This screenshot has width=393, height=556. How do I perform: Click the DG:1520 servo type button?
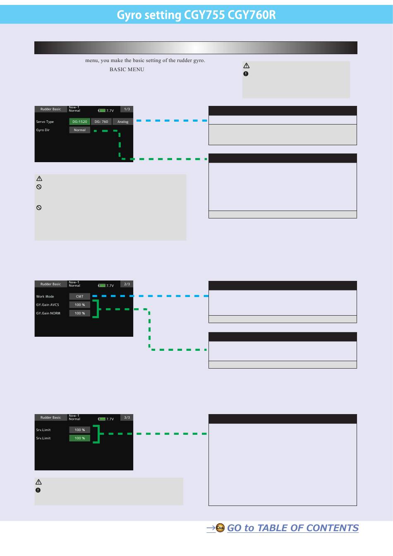coord(79,122)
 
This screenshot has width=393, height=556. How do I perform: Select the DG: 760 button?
coord(101,122)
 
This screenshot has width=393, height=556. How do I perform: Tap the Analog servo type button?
coord(123,122)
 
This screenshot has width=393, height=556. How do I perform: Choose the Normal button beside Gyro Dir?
coord(79,130)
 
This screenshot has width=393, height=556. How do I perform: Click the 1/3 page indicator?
coord(127,109)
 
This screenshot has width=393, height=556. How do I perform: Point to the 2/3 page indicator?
coord(127,284)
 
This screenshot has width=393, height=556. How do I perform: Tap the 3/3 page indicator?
coord(127,417)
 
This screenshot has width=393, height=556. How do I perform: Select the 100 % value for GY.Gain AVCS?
coord(79,305)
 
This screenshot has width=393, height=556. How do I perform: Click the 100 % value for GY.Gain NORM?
coord(79,313)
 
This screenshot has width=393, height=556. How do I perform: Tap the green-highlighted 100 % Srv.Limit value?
coord(79,438)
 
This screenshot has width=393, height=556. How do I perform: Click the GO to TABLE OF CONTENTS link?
coord(292,528)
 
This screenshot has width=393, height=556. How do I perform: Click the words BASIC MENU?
coord(127,69)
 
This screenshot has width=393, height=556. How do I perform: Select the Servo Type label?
coord(45,122)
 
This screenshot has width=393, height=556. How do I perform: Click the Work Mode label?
coord(45,297)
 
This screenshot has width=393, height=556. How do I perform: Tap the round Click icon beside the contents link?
coord(220,528)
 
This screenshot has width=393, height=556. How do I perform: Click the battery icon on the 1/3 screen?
coord(102,111)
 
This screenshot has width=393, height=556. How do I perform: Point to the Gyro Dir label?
coord(43,130)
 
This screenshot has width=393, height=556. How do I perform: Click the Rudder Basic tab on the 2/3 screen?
coord(50,284)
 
